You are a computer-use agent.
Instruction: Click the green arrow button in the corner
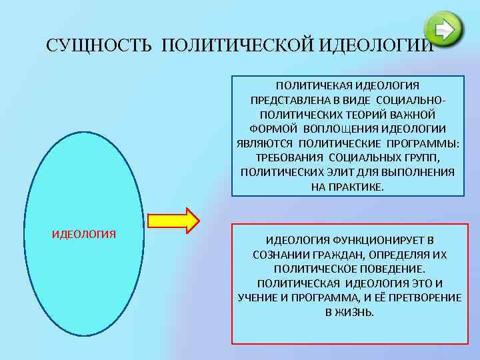coord(444,30)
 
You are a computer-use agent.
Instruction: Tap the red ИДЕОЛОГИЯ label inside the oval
coord(84,234)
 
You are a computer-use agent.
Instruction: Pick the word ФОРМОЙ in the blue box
coord(273,129)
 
